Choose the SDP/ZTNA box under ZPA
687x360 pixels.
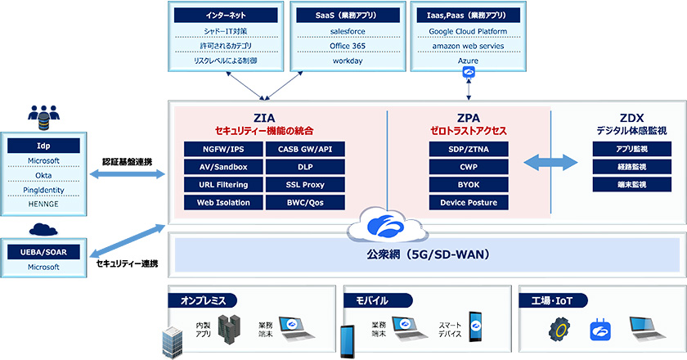coord(464,149)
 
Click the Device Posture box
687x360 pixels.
coord(464,202)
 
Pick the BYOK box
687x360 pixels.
coord(464,184)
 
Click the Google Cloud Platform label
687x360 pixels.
coord(468,31)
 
